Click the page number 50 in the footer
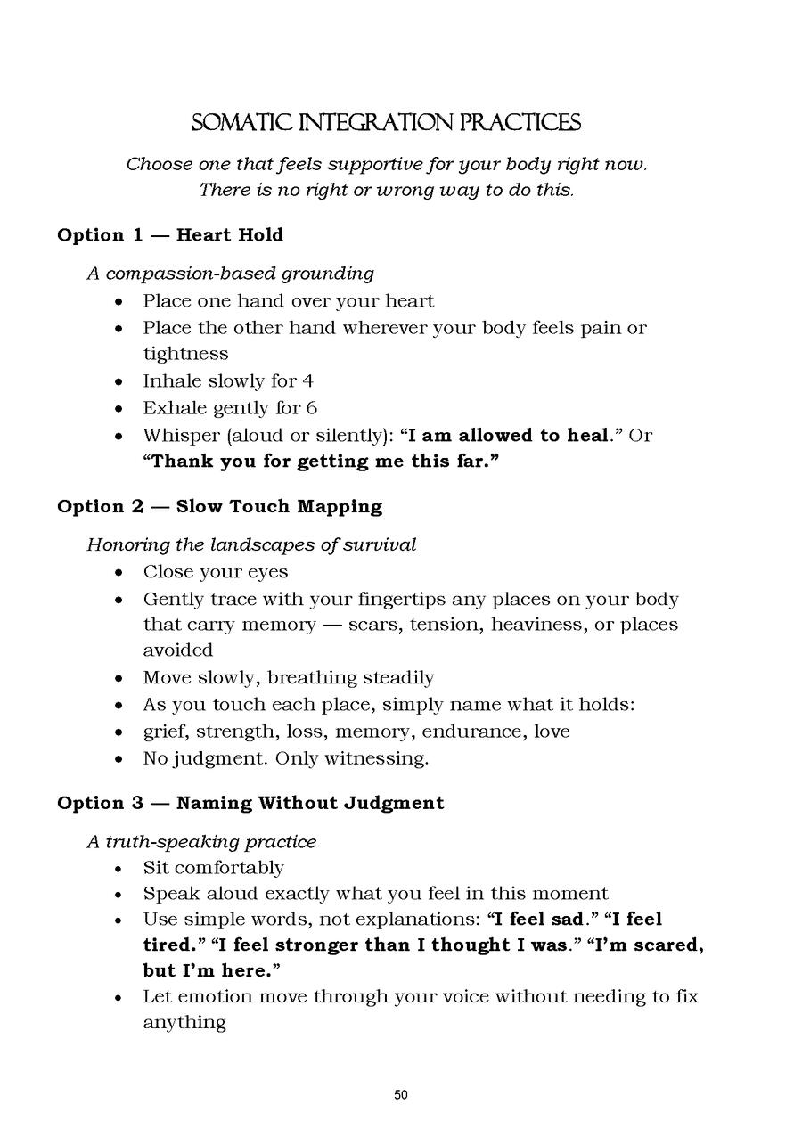(401, 1095)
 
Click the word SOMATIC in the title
(233, 123)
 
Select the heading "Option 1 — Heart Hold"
(170, 235)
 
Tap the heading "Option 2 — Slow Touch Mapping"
(219, 507)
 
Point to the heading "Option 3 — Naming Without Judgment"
(250, 803)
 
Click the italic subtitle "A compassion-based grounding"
(230, 273)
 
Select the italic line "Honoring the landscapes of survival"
(251, 544)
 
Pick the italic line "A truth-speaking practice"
(201, 841)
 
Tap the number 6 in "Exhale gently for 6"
(311, 408)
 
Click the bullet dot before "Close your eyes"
(119, 572)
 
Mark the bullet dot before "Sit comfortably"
(119, 869)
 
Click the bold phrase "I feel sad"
(543, 919)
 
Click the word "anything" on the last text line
(184, 1022)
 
